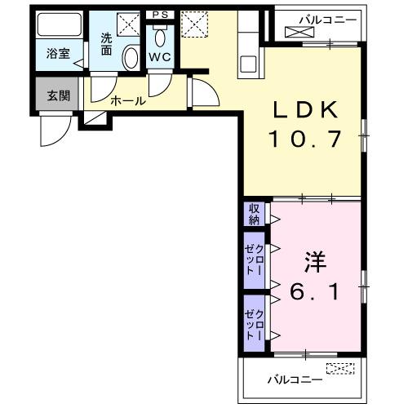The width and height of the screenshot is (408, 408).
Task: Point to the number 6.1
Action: click(314, 290)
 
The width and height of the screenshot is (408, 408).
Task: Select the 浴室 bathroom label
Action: click(57, 55)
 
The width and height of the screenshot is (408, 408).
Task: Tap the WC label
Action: click(158, 57)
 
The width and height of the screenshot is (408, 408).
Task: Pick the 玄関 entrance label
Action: click(57, 95)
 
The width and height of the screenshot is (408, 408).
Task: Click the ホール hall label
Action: click(127, 101)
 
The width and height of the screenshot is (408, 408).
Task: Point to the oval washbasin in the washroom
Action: click(131, 57)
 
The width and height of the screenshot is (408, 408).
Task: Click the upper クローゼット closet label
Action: click(254, 260)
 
